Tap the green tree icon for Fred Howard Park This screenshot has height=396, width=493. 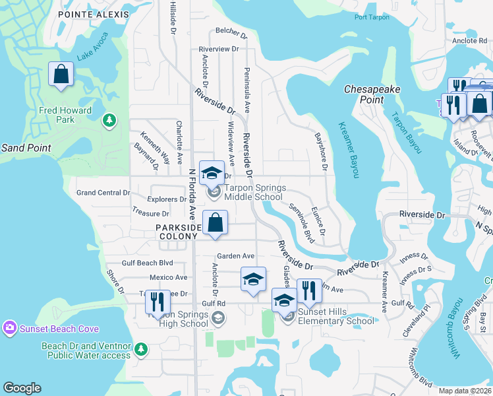[x=109, y=121]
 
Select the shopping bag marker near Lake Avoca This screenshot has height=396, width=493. [x=61, y=75]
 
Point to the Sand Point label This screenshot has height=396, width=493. [x=26, y=148]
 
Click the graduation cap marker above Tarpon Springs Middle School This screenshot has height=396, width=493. [x=212, y=173]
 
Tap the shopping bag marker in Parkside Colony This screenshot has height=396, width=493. [x=216, y=222]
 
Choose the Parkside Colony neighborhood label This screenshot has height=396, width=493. [x=177, y=231]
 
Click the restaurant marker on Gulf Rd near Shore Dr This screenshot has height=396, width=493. [x=158, y=302]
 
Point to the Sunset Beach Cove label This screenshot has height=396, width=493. [x=61, y=329]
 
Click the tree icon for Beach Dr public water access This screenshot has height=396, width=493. [x=141, y=348]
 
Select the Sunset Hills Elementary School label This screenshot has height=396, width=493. [x=336, y=316]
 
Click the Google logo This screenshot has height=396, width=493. [x=22, y=388]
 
